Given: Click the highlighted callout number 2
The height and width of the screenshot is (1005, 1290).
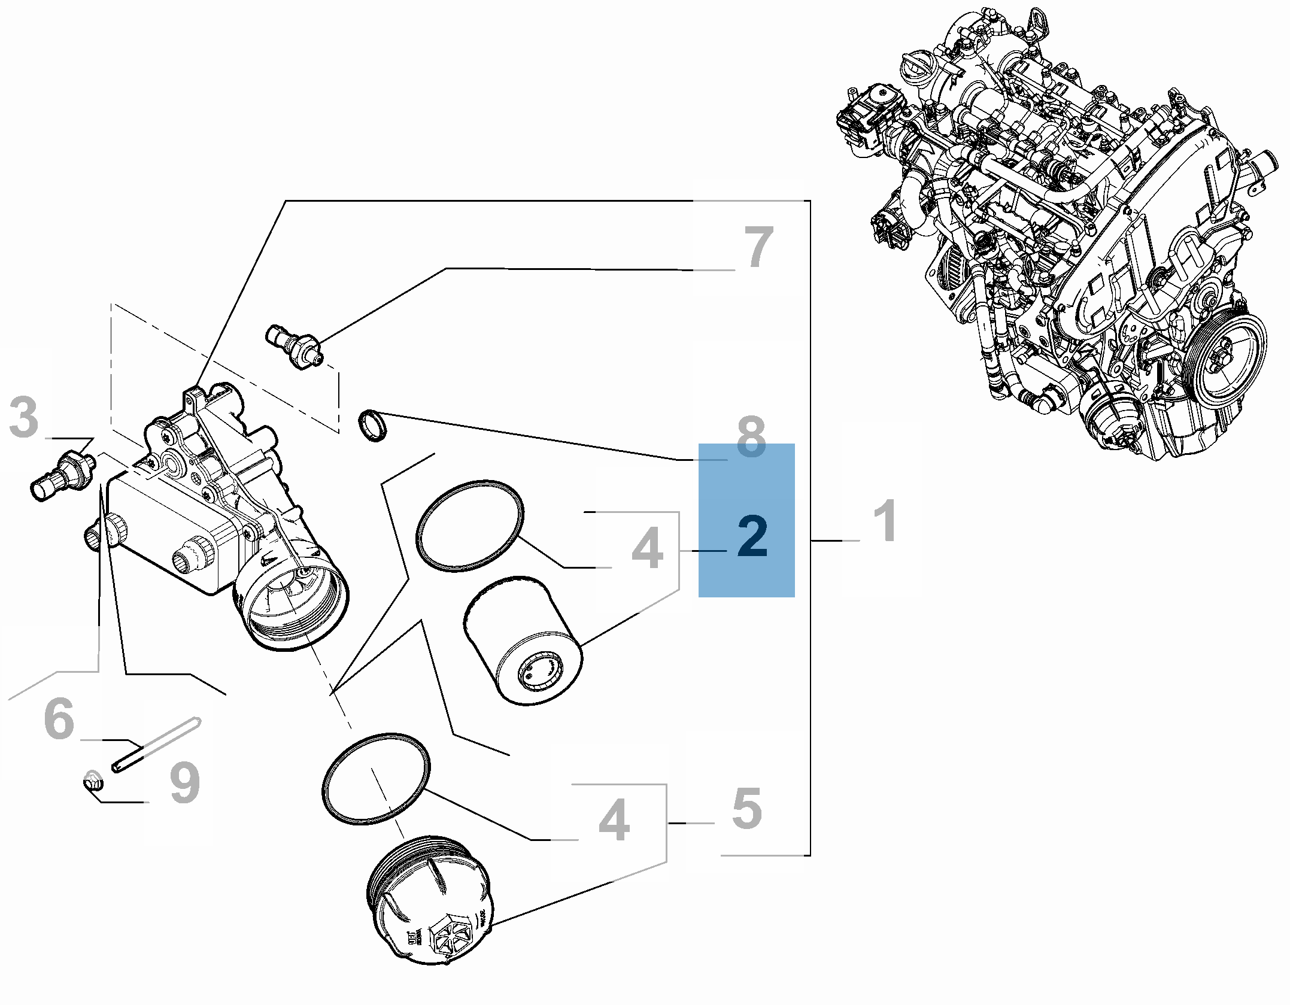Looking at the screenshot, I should (x=752, y=537).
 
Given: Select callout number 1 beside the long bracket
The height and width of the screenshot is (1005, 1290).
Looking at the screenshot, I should (x=884, y=522).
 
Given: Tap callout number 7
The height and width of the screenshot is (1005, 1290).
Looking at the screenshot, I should (x=758, y=247).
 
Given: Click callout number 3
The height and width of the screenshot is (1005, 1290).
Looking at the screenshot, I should (x=25, y=417).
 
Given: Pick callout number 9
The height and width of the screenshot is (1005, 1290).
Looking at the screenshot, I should (x=184, y=784).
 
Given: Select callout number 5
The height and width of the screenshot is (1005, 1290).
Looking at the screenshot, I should (x=746, y=809).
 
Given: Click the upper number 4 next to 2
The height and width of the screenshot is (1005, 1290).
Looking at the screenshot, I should (x=647, y=549).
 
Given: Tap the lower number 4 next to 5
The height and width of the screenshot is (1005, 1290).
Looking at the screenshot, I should (x=614, y=821).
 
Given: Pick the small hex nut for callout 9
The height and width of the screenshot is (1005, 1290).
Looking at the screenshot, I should (x=92, y=781).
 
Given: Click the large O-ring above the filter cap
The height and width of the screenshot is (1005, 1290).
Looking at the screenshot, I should (x=376, y=778).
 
